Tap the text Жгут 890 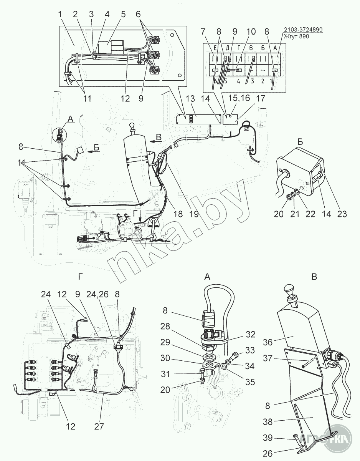(x=296, y=37)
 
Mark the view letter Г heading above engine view (x=79, y=277)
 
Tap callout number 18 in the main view (x=178, y=214)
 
